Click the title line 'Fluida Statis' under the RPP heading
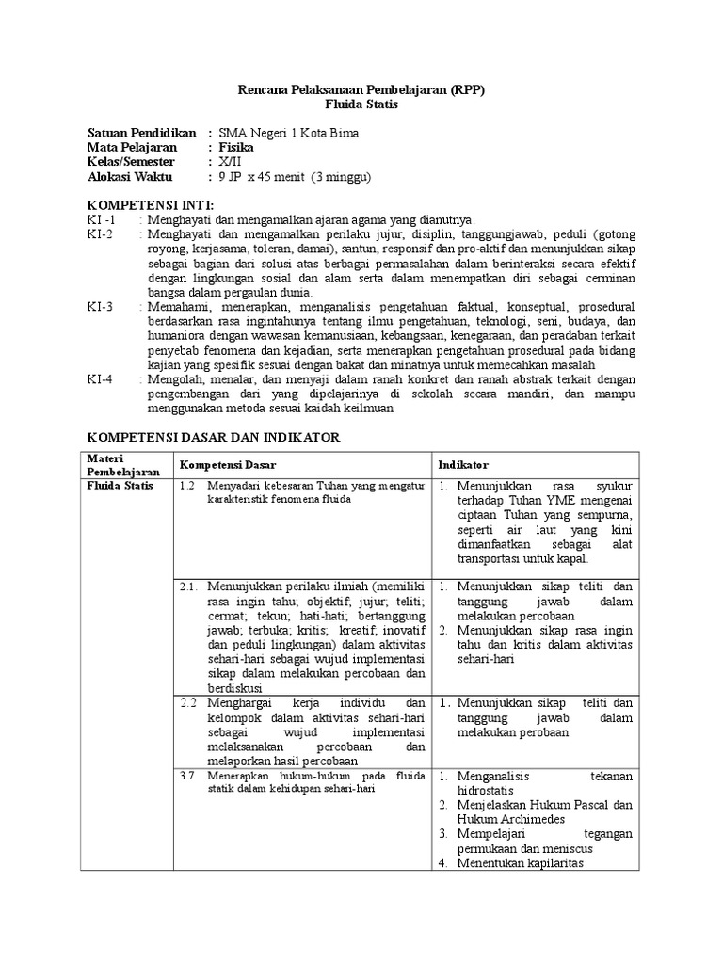362,104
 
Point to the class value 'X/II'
230,161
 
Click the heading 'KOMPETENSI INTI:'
151,204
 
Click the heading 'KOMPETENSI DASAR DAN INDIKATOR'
214,438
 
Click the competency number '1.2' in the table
185,486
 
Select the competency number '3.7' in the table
185,775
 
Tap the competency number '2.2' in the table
187,702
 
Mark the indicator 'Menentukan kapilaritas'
521,863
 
